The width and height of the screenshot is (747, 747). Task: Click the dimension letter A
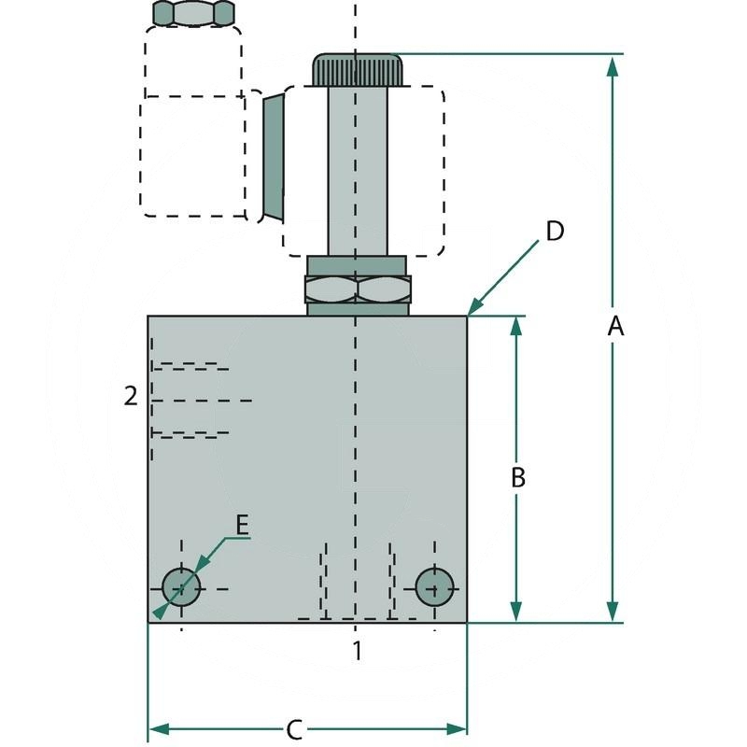coord(614,326)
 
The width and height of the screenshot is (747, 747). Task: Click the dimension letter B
coord(518,477)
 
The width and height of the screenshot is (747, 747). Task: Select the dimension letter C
coord(293,727)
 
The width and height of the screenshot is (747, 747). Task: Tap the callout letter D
coord(555,231)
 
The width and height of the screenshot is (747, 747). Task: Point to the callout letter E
coord(241,525)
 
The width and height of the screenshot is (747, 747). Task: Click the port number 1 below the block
coord(356,650)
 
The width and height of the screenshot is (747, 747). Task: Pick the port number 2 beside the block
coord(131,397)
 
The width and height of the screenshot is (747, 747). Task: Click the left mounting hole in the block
coord(181,587)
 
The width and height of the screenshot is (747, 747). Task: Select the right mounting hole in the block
coord(434,586)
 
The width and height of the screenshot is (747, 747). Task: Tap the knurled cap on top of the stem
coord(358,68)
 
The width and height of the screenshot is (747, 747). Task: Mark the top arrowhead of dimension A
coord(613,63)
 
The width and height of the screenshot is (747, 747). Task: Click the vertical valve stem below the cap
coord(357,168)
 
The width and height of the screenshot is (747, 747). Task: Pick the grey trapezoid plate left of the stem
coord(272,156)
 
